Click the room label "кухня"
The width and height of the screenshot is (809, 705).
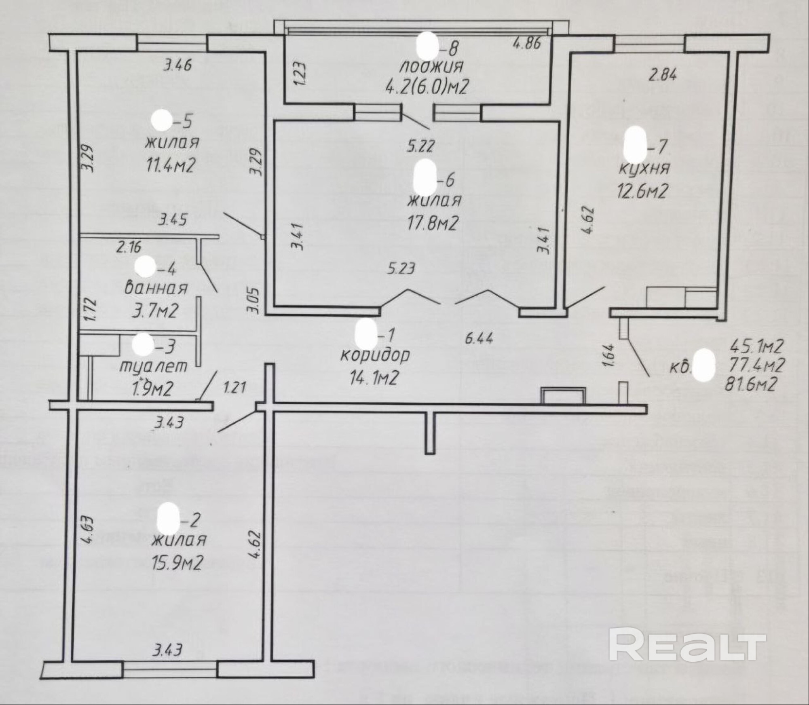point(644,169)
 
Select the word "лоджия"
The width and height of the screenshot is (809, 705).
point(431,66)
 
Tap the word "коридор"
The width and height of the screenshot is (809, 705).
point(375,355)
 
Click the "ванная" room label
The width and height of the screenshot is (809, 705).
point(156,288)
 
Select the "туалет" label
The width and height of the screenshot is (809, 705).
point(154,366)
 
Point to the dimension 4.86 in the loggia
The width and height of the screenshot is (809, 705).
point(526,43)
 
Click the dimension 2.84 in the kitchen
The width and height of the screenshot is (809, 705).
point(662,75)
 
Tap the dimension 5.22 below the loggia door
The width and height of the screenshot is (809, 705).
point(420,146)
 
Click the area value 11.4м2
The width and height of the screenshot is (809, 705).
point(171,165)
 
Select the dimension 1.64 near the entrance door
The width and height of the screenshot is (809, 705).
point(610,355)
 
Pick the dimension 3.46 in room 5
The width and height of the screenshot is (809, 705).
point(177,64)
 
